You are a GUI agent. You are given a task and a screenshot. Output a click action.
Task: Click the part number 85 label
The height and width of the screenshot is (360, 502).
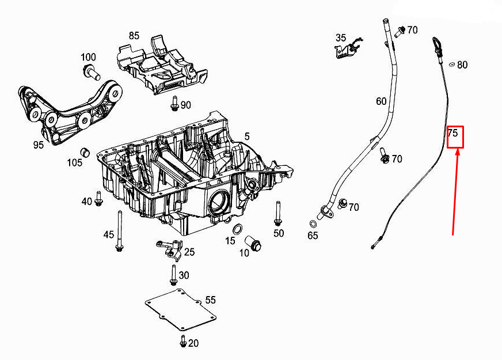coord(134,36)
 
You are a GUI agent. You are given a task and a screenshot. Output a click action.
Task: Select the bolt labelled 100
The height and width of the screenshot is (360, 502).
coord(92,72)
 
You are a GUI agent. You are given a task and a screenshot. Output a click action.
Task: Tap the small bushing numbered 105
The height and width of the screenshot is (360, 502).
coord(85,152)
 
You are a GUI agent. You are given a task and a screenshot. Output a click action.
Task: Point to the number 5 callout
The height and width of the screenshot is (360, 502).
coord(247,137)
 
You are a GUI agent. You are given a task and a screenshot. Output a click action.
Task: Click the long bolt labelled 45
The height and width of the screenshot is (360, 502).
coord(120,230)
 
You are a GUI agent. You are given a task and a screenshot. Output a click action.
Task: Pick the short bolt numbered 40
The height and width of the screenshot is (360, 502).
coord(98,198)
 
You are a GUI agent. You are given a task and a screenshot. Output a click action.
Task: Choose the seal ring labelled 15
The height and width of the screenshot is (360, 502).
coord(237,229)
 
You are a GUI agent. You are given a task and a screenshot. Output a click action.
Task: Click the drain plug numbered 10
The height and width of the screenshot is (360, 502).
coord(253,244)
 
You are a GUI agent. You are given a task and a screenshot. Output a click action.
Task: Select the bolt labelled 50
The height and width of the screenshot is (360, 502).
coord(277,214)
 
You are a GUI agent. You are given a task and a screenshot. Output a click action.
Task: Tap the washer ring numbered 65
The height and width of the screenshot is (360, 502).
coord(313,223)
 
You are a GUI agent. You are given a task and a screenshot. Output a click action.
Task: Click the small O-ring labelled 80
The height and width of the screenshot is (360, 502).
coord(452,65)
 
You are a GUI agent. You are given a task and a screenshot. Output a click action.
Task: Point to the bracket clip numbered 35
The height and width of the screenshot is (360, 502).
coord(348,48)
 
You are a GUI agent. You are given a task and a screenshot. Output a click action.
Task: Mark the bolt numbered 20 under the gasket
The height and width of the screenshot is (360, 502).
coord(183,341)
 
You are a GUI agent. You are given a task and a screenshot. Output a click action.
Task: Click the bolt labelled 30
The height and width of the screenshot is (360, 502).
coord(173,275)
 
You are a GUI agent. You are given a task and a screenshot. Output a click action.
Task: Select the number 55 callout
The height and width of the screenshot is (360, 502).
coord(210,300)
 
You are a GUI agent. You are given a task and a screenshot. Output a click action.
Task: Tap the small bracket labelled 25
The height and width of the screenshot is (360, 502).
coord(169,248)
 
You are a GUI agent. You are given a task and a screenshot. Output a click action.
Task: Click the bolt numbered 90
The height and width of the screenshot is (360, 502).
coord(174,104)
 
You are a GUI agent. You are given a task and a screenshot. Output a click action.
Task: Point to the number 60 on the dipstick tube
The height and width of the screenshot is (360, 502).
coord(381,101)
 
